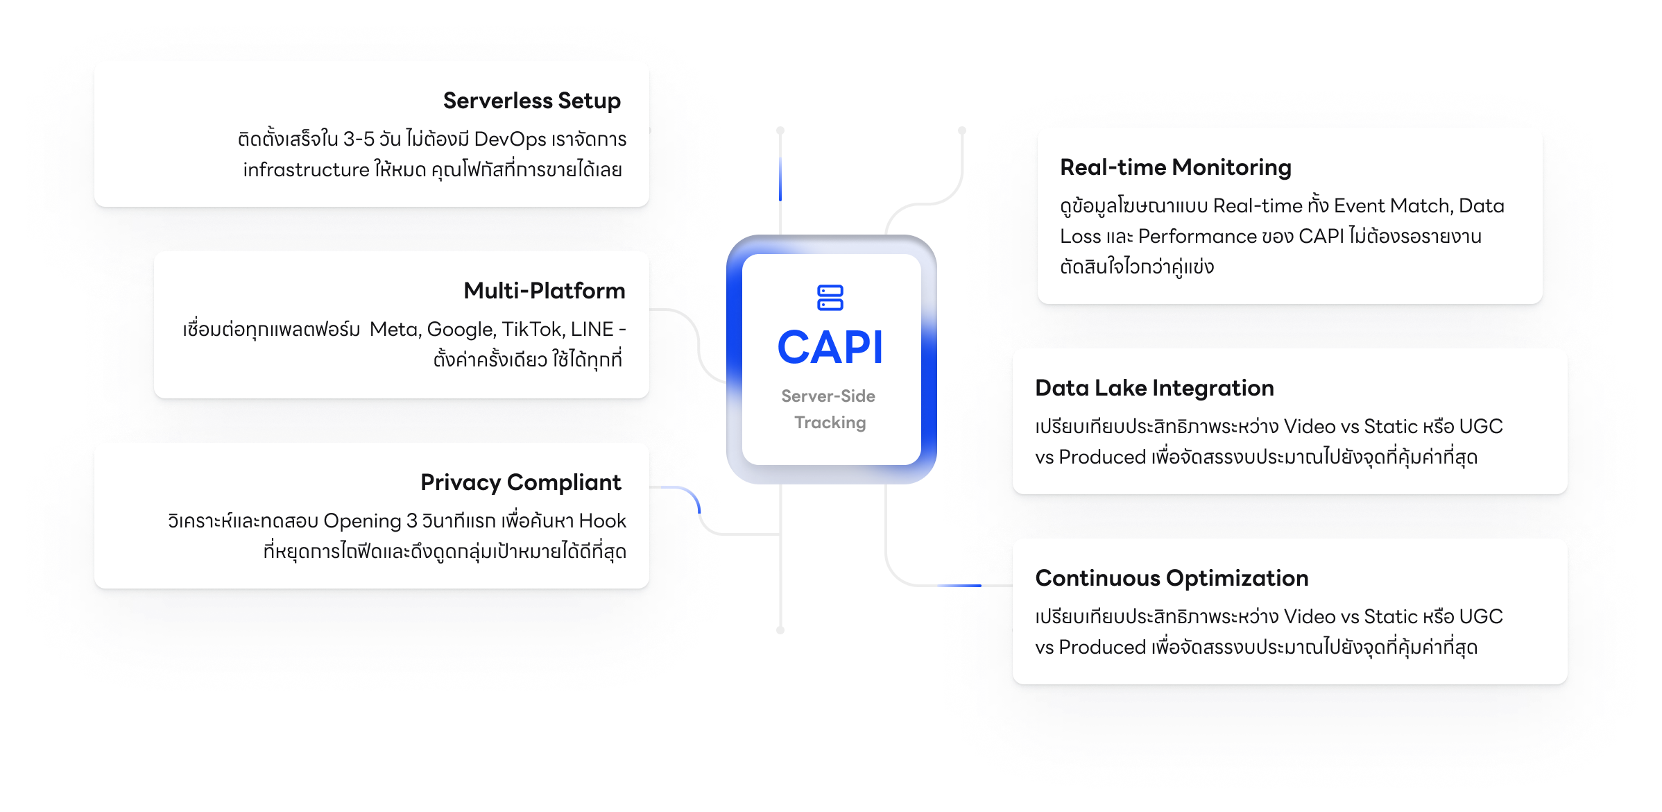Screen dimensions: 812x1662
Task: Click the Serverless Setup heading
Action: tap(531, 101)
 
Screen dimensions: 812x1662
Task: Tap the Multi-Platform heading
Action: tap(544, 291)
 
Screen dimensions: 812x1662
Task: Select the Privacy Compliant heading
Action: tap(520, 482)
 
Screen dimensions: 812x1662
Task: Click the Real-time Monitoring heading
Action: tap(1175, 167)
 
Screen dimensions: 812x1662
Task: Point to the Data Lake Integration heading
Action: tap(1154, 388)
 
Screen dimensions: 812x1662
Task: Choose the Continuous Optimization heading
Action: tap(1171, 578)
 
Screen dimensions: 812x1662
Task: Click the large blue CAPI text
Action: tap(830, 347)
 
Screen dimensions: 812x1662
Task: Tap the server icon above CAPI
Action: tap(830, 298)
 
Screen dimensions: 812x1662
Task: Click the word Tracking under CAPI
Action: tap(830, 423)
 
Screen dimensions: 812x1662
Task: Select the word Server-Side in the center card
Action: tap(828, 396)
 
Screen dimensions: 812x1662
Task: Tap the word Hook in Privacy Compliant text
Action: tap(602, 521)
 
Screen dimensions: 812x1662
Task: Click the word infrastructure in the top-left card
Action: tap(306, 170)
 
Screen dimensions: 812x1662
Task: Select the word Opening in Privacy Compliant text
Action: tap(362, 521)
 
